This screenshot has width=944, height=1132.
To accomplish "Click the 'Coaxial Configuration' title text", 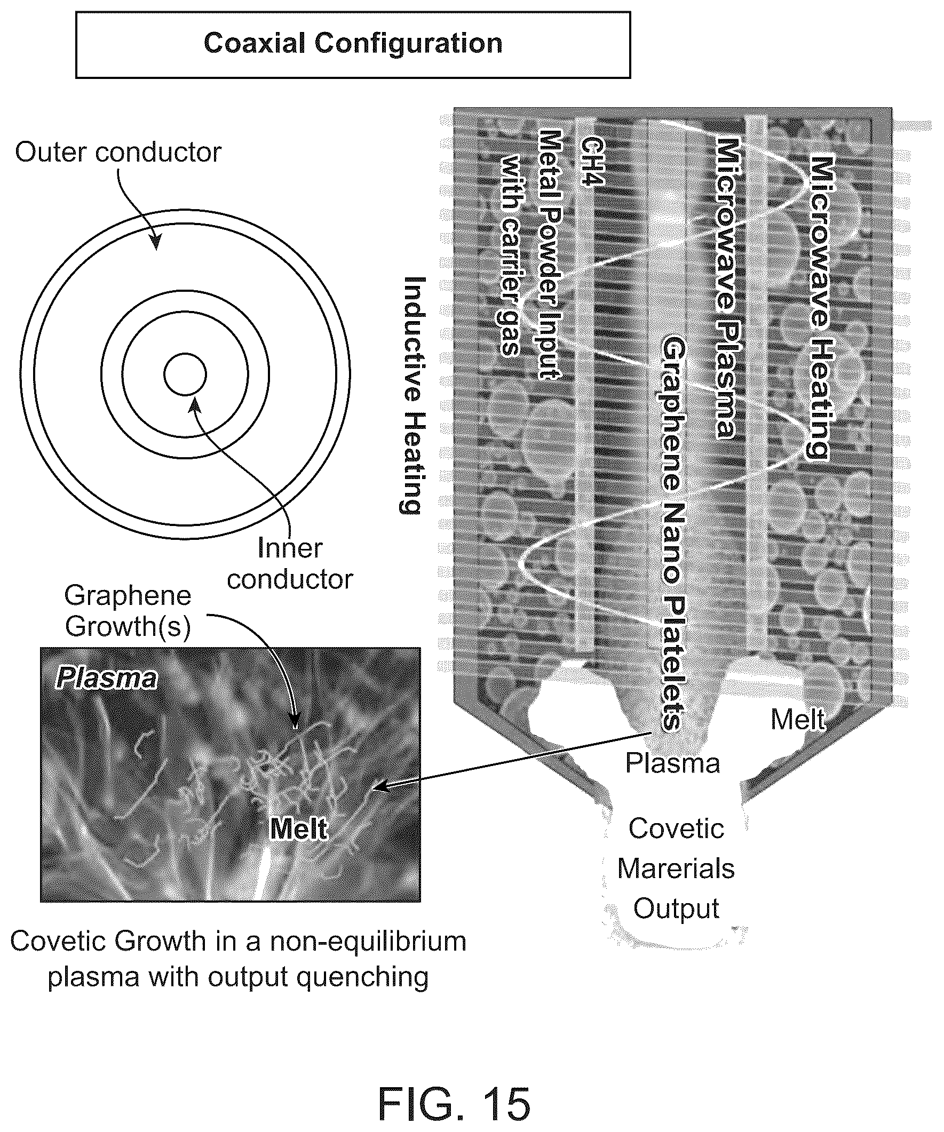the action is (353, 44).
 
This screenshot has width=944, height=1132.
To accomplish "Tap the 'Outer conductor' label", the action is (118, 153).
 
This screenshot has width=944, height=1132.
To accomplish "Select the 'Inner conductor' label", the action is (290, 564).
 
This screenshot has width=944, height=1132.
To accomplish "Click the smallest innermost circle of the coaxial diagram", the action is (185, 374).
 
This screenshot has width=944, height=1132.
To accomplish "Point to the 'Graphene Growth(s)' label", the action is (128, 611).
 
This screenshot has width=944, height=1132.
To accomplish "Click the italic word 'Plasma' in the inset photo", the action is (106, 679).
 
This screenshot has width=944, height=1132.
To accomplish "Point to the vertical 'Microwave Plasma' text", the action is (726, 289).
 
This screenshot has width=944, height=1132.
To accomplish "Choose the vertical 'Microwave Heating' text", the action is (820, 307).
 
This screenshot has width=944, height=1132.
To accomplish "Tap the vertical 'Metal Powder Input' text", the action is (550, 254).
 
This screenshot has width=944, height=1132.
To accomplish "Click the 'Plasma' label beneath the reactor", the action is (672, 763).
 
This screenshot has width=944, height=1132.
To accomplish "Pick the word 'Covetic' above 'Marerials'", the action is (676, 828).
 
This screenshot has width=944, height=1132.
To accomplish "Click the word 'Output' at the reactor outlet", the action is (676, 908).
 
